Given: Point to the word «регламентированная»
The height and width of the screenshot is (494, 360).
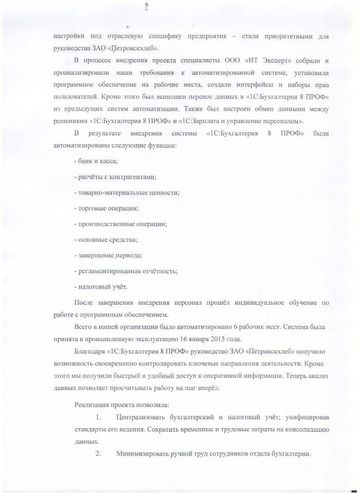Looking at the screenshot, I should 111,271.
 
